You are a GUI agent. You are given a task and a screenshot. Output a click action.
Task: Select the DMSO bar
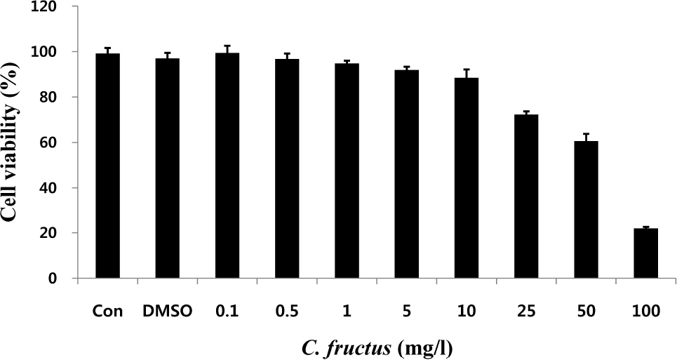(x=168, y=168)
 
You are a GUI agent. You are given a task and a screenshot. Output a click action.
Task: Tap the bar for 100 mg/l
(x=645, y=253)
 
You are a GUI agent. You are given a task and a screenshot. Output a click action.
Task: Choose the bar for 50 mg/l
(x=586, y=210)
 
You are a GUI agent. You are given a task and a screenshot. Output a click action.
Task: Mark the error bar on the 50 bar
(x=586, y=137)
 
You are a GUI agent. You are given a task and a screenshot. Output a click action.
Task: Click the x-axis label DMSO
(x=168, y=310)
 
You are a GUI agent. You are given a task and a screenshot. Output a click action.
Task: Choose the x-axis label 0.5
(x=287, y=310)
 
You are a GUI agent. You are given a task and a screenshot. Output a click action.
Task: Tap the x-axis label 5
(x=407, y=310)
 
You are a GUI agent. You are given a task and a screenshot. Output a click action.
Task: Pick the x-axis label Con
(x=108, y=310)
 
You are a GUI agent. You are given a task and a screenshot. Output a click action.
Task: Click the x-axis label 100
(x=645, y=310)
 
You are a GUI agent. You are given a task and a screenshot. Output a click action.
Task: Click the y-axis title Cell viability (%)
(x=13, y=144)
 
